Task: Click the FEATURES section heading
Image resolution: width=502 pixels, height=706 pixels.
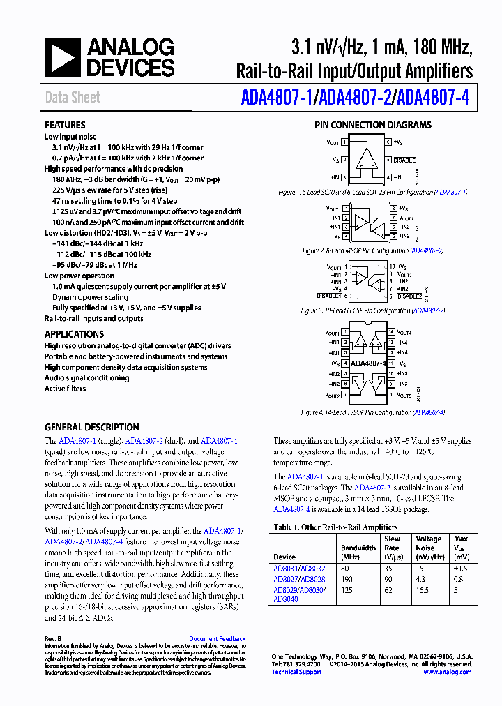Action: [x=65, y=125]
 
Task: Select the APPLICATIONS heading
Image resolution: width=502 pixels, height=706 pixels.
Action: [x=74, y=334]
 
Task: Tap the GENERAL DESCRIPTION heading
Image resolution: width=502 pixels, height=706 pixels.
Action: [x=91, y=427]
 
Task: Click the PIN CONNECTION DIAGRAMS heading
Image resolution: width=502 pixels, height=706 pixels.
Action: [x=372, y=125]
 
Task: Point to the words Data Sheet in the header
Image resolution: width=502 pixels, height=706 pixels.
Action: [x=73, y=98]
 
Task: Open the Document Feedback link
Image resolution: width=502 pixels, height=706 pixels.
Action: [x=217, y=638]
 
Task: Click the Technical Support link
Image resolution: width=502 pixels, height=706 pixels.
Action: [x=294, y=672]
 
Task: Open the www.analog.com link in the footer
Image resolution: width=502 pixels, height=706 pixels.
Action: [x=447, y=672]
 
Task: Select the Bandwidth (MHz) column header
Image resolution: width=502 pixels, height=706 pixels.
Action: [x=358, y=553]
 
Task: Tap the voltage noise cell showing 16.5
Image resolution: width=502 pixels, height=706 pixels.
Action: [x=423, y=589]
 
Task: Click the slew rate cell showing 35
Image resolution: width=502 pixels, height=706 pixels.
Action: [x=388, y=569]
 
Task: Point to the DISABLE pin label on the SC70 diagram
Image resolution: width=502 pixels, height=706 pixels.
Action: [x=404, y=160]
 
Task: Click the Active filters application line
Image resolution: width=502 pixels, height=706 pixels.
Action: [x=65, y=389]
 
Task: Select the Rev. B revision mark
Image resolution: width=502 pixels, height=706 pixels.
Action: [x=53, y=638]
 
